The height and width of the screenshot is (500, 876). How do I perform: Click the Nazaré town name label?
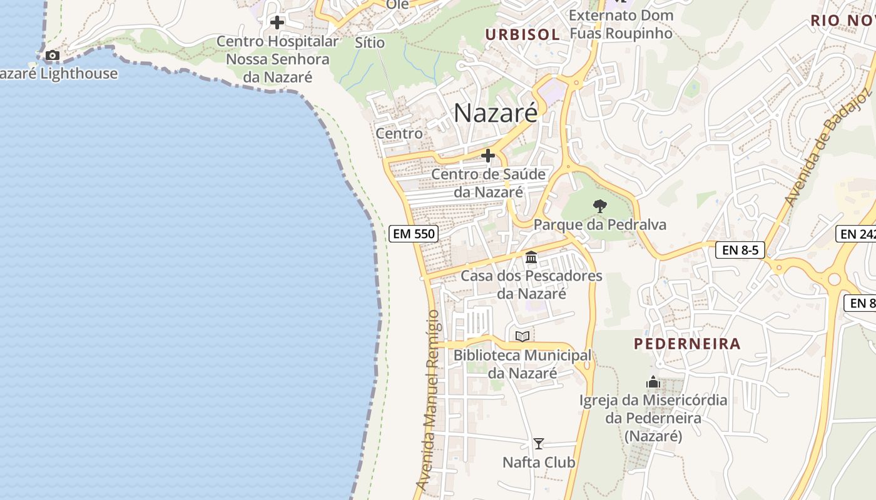tap(495, 113)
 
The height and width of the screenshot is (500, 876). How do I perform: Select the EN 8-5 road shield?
tap(740, 250)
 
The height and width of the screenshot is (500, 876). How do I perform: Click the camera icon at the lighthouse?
tap(53, 56)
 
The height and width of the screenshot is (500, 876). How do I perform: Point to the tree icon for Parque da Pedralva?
tap(599, 206)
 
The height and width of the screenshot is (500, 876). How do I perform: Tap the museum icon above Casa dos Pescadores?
tap(531, 257)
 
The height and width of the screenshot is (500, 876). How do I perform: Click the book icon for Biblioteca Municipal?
tap(522, 336)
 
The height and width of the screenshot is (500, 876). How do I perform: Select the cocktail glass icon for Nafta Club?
tap(538, 444)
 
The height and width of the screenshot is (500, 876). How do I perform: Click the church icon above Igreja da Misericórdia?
tap(653, 382)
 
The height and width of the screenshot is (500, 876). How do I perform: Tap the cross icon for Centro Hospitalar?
tap(277, 23)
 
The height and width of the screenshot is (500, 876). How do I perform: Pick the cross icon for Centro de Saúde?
tap(488, 156)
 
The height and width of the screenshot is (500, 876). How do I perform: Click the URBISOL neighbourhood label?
tap(522, 34)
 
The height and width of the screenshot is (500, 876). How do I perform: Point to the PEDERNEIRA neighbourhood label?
tap(687, 344)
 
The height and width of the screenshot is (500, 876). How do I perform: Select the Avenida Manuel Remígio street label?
tap(429, 400)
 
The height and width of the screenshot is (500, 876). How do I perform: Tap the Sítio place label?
tap(369, 42)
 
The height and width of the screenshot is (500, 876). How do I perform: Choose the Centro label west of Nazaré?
tap(399, 133)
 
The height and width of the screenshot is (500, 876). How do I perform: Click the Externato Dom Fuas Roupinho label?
tap(621, 24)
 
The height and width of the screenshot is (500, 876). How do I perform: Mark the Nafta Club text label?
tap(539, 462)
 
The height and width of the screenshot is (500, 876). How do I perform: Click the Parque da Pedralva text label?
tap(599, 224)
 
